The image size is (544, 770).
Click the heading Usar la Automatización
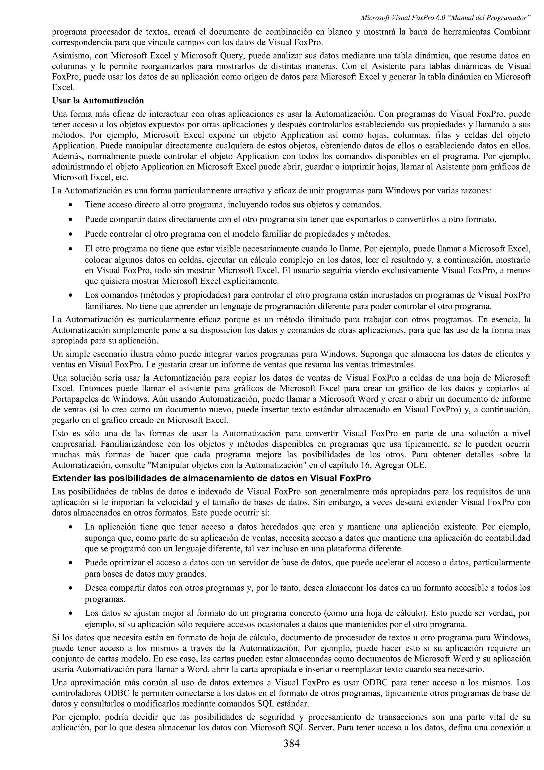(x=98, y=100)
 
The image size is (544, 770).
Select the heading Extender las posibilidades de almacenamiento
(x=211, y=478)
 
